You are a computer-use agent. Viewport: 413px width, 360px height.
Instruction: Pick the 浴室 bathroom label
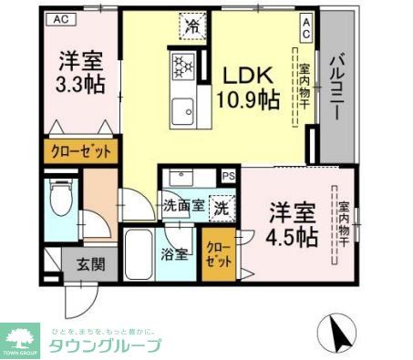pos(176,253)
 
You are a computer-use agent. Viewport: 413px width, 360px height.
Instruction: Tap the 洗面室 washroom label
pos(182,206)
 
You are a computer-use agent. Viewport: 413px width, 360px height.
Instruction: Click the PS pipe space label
pos(229,176)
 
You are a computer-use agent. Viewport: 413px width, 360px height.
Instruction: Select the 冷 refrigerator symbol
pos(191,27)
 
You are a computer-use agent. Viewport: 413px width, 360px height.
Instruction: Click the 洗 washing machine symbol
pos(222,207)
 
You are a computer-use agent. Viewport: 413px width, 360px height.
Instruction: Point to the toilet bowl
pos(60,201)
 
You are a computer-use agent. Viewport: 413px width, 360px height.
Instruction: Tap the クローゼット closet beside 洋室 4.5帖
pos(217,253)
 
